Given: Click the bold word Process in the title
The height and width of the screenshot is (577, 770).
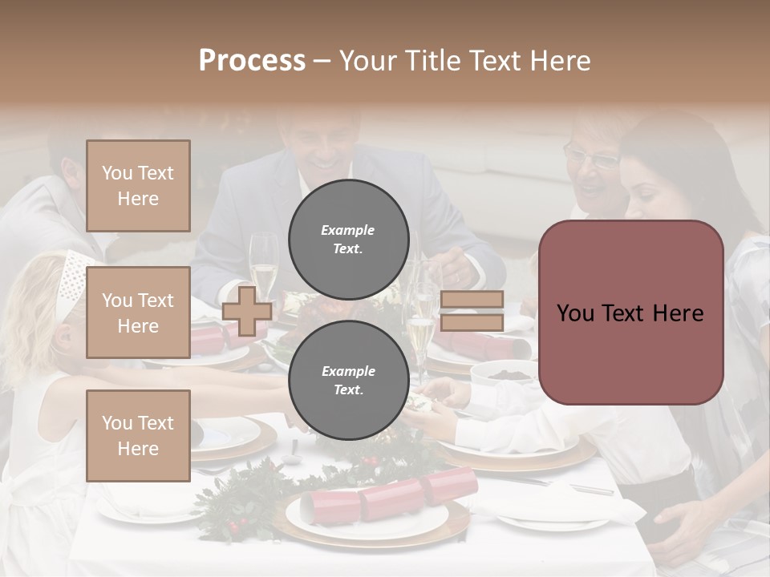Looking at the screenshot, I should point(252,60).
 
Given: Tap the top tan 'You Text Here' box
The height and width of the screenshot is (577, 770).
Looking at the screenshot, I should point(138,186).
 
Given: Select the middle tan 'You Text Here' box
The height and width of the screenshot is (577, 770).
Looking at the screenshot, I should point(138,313).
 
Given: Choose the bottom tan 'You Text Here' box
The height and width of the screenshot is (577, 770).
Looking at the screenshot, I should point(138,435).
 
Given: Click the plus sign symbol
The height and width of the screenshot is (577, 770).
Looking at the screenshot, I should point(247,311).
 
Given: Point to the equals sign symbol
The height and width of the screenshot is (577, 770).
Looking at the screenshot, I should point(472,311).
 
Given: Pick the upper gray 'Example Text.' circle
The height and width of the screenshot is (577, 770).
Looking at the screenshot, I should point(348,240).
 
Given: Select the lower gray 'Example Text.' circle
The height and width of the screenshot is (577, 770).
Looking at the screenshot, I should point(348,381).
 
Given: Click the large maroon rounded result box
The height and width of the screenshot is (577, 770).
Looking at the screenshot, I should point(630,313).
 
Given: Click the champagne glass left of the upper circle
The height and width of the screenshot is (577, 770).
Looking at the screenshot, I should point(262,260).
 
